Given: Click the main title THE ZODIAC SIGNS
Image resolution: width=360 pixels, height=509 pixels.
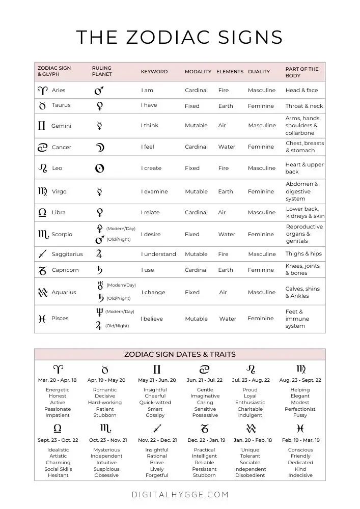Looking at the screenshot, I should [x=179, y=38].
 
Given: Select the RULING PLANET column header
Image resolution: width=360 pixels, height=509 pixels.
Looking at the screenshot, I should [x=102, y=71].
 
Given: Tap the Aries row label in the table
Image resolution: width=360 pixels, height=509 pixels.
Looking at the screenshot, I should [x=59, y=90].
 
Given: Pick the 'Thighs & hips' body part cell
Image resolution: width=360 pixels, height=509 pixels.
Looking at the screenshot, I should [x=303, y=253].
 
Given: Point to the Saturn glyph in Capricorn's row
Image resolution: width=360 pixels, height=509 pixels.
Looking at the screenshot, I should [x=100, y=270].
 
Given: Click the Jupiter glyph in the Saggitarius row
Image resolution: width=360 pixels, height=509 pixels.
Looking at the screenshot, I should [x=99, y=253].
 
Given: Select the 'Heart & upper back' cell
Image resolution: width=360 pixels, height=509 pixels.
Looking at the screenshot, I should [x=304, y=168].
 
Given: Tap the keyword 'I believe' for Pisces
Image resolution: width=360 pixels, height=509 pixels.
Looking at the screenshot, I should [x=152, y=319].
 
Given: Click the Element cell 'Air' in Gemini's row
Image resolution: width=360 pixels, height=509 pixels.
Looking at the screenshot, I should [x=222, y=125].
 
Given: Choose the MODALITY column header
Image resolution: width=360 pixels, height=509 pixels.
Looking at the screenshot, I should [x=198, y=72].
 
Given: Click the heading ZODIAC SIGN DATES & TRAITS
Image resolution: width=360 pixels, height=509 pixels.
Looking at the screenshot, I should [x=180, y=354].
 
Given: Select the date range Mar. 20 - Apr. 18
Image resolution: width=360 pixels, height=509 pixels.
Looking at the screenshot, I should [x=58, y=380].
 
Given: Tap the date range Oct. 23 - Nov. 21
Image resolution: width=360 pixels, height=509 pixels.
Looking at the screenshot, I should [x=108, y=440].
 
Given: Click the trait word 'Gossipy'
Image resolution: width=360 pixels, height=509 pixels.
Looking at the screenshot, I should [x=155, y=415].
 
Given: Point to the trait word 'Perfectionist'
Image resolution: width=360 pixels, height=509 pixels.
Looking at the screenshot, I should [x=300, y=409].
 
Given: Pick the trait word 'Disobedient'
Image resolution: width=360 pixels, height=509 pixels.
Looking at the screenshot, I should [x=250, y=475].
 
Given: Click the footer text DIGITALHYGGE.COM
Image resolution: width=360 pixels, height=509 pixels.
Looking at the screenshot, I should [x=180, y=494].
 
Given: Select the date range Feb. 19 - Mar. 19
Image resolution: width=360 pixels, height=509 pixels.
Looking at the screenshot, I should [x=300, y=440].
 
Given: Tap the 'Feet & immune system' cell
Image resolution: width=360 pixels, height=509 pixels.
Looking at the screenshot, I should [x=297, y=319].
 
